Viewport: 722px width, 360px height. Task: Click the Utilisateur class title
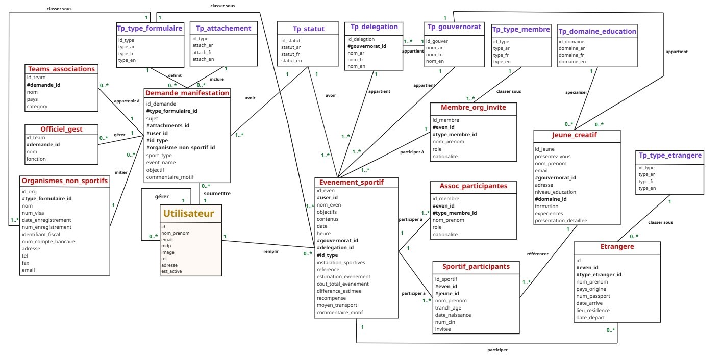pyautogui.click(x=188, y=213)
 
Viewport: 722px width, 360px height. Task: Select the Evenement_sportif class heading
pyautogui.click(x=351, y=182)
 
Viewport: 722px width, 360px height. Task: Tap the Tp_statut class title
pyautogui.click(x=309, y=29)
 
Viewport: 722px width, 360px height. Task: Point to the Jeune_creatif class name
pyautogui.click(x=574, y=135)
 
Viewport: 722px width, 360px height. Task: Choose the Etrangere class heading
pyautogui.click(x=617, y=247)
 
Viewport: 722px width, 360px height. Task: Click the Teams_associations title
pyautogui.click(x=61, y=69)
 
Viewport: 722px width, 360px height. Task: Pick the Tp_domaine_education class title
pyautogui.click(x=597, y=31)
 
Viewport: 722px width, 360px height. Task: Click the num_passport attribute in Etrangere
pyautogui.click(x=593, y=296)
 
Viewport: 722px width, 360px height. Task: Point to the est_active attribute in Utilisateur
pyautogui.click(x=171, y=271)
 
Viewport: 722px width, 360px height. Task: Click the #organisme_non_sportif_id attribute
pyautogui.click(x=181, y=148)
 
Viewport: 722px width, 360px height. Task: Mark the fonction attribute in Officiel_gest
pyautogui.click(x=36, y=159)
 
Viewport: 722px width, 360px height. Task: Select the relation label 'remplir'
pyautogui.click(x=271, y=251)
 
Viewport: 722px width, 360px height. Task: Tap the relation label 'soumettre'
pyautogui.click(x=217, y=193)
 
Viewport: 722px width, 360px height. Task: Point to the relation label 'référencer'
pyautogui.click(x=537, y=253)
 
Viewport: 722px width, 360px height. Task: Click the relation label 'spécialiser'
pyautogui.click(x=577, y=92)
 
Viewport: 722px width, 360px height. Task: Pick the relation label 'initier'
pyautogui.click(x=121, y=172)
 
